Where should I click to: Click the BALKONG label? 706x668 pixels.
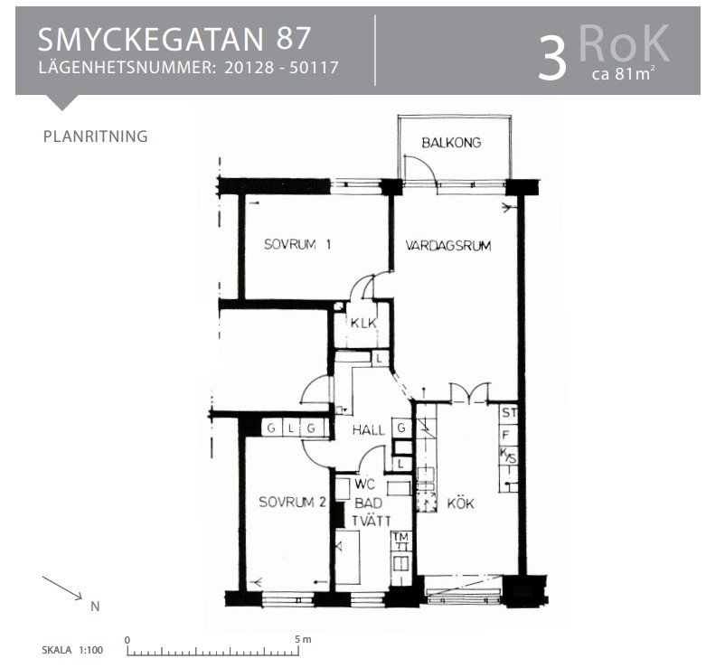click(x=451, y=143)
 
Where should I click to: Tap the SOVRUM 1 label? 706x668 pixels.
click(x=297, y=244)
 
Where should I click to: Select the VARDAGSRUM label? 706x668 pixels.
click(x=448, y=246)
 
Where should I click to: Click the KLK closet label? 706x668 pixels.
click(x=363, y=323)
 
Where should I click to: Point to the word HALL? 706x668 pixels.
click(x=368, y=430)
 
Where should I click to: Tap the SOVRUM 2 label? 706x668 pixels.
click(x=292, y=502)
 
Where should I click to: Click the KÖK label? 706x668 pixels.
click(x=460, y=503)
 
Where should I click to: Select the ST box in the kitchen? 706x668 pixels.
click(x=509, y=412)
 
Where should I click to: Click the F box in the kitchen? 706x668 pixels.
click(x=505, y=435)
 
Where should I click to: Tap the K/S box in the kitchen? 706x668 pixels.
click(x=508, y=456)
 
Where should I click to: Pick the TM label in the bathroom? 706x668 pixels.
click(x=400, y=537)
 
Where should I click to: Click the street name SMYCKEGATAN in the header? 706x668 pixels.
click(x=150, y=39)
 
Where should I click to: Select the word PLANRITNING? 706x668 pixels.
click(x=96, y=136)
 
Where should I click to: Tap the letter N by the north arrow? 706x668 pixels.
click(x=95, y=607)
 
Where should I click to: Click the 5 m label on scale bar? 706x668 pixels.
click(x=303, y=639)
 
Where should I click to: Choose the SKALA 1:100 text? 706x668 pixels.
click(x=72, y=650)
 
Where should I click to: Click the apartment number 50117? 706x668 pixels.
click(x=314, y=68)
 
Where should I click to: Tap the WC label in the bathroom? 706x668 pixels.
click(x=363, y=485)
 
